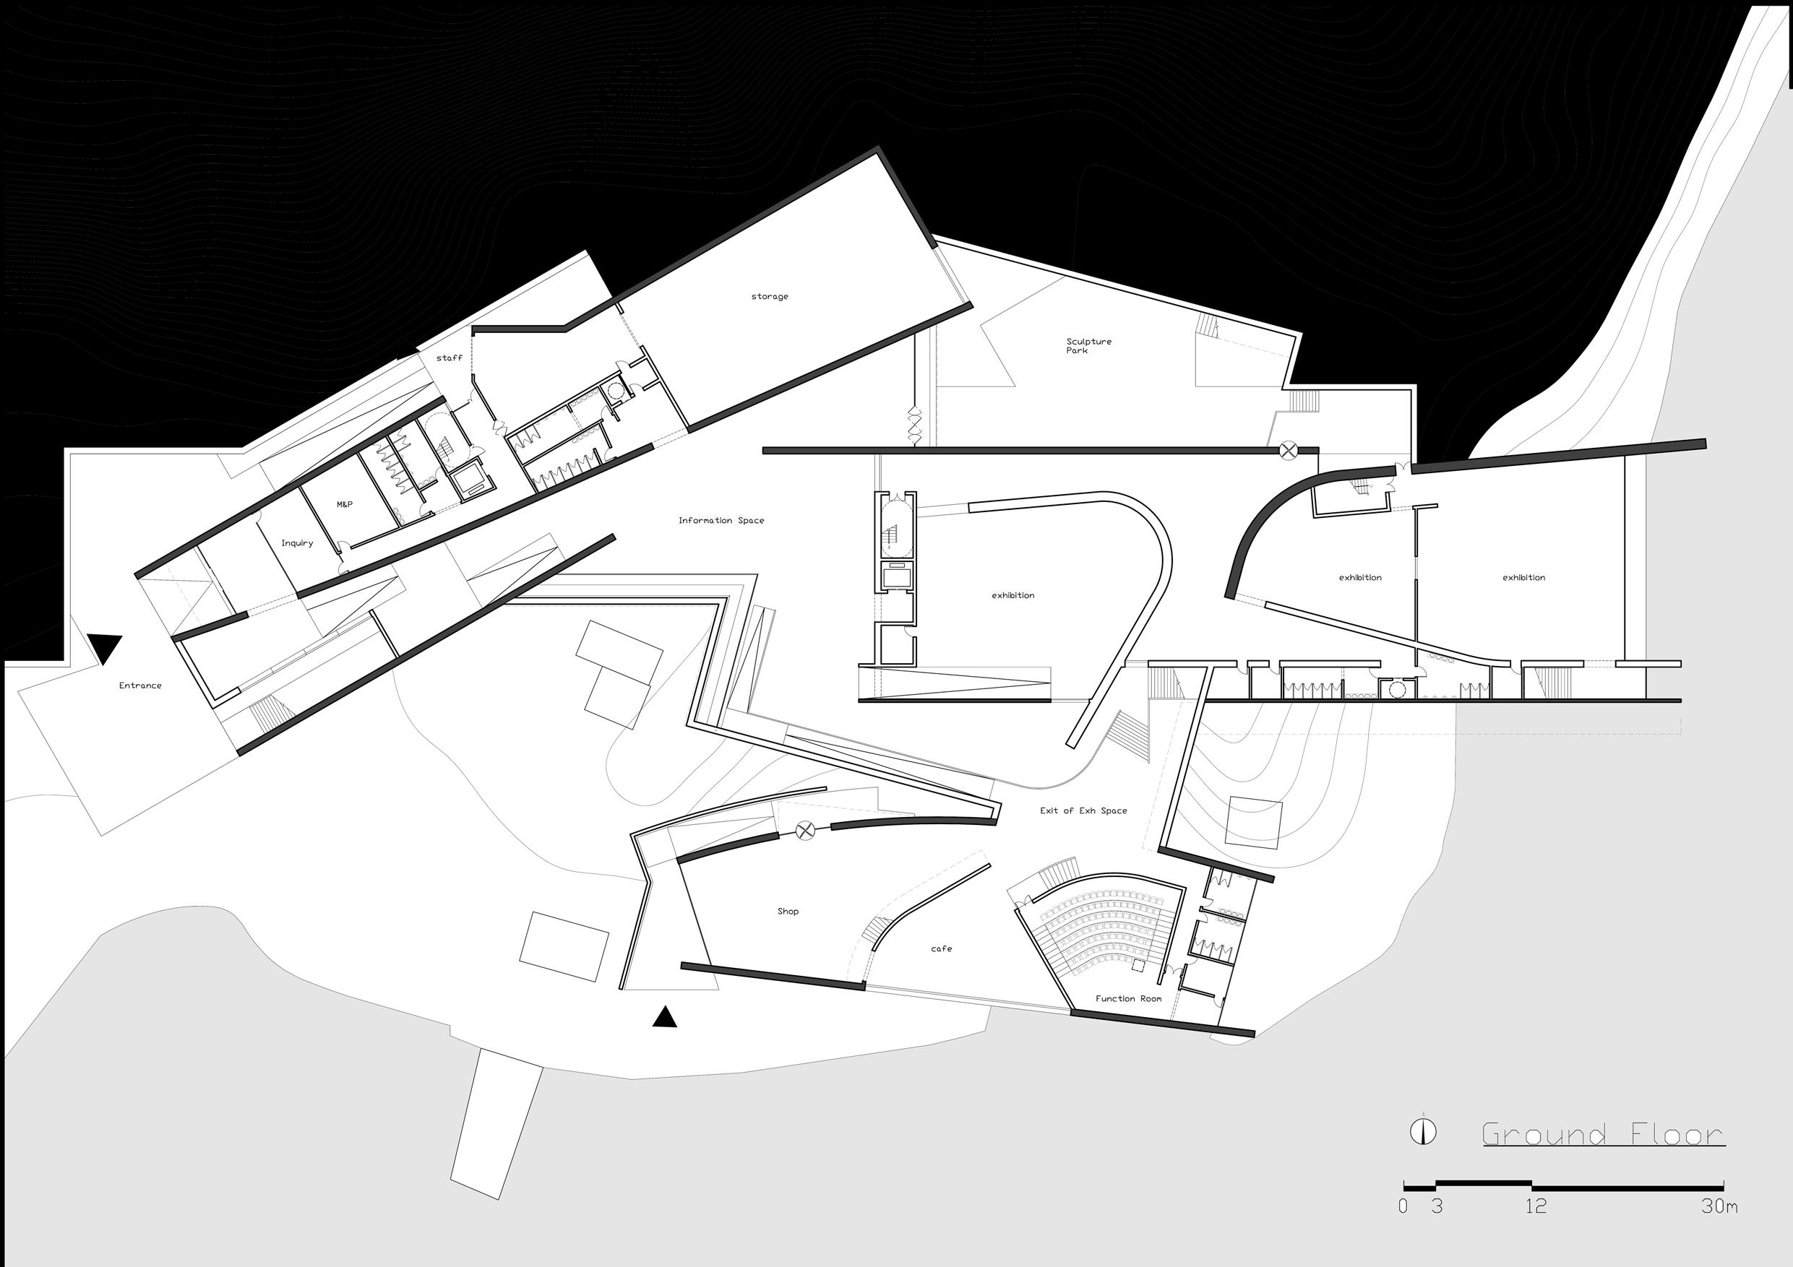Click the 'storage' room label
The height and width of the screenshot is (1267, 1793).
point(769,297)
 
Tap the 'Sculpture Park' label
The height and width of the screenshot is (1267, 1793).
point(1088,346)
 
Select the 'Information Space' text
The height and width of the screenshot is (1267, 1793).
point(721,521)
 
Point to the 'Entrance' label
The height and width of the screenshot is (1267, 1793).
point(141,686)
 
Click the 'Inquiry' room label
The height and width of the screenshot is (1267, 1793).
point(297,543)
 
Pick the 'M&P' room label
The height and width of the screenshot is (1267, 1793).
point(345,505)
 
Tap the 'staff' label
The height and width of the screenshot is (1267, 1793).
point(449,358)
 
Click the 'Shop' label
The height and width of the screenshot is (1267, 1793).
point(787,911)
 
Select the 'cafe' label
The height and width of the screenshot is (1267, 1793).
point(941,948)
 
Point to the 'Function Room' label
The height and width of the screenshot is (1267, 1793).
point(1127,998)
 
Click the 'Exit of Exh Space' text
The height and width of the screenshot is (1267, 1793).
point(1083,810)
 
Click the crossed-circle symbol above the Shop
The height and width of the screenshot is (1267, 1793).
point(805,831)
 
